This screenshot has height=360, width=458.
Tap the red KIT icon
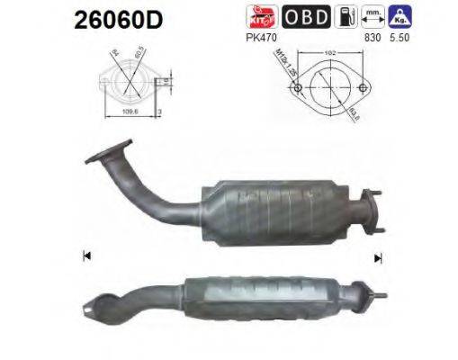point(257,17)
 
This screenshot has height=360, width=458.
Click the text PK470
point(259,36)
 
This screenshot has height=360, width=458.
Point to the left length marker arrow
point(86,255)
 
